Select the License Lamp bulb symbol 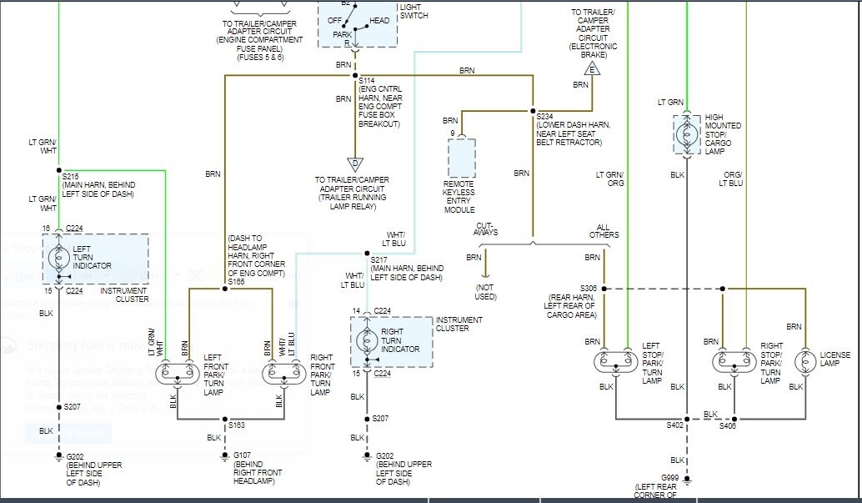(x=805, y=361)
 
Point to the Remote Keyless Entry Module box (x=461, y=158)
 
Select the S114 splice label (x=367, y=81)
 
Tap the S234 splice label (x=545, y=116)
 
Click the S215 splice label (x=71, y=176)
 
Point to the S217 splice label (x=380, y=259)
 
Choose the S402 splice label (x=674, y=425)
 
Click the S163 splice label (x=237, y=425)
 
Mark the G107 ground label (x=244, y=455)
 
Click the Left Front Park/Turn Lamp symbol (x=178, y=372)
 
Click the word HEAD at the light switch (x=379, y=20)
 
